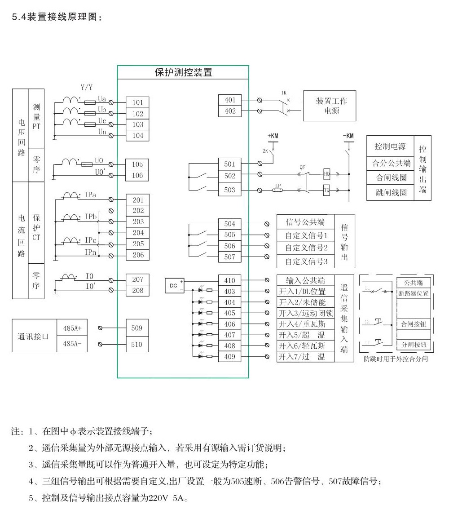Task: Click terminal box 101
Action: click(x=137, y=102)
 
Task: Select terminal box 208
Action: click(x=137, y=291)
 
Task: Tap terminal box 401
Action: click(x=230, y=100)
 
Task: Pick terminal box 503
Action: click(x=230, y=190)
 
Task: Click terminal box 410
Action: click(x=230, y=280)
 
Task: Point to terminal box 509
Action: click(x=137, y=328)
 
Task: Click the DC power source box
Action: click(x=175, y=285)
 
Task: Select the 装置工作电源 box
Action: click(x=331, y=106)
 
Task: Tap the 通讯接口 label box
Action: click(x=34, y=336)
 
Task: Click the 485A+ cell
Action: click(x=72, y=328)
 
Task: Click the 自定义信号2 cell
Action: click(x=307, y=248)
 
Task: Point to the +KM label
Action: click(x=273, y=136)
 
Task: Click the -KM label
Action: click(x=348, y=136)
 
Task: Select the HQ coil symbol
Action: click(x=327, y=173)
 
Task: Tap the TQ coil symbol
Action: click(x=327, y=190)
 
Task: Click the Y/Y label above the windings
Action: click(x=87, y=87)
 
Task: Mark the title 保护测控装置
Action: click(x=183, y=72)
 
